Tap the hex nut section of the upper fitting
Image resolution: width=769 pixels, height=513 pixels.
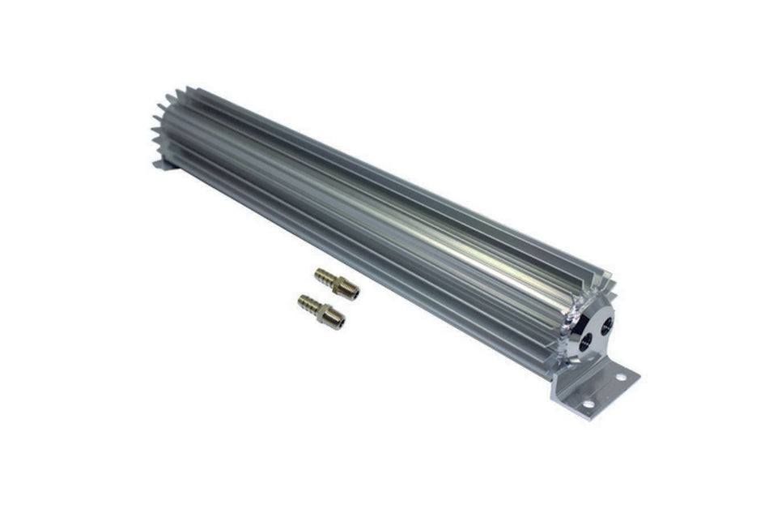(341, 287)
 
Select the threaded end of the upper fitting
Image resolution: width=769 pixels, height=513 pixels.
(351, 293)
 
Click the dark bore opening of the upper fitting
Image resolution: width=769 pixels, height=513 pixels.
(355, 295)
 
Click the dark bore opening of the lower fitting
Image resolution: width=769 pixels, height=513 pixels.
(342, 323)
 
